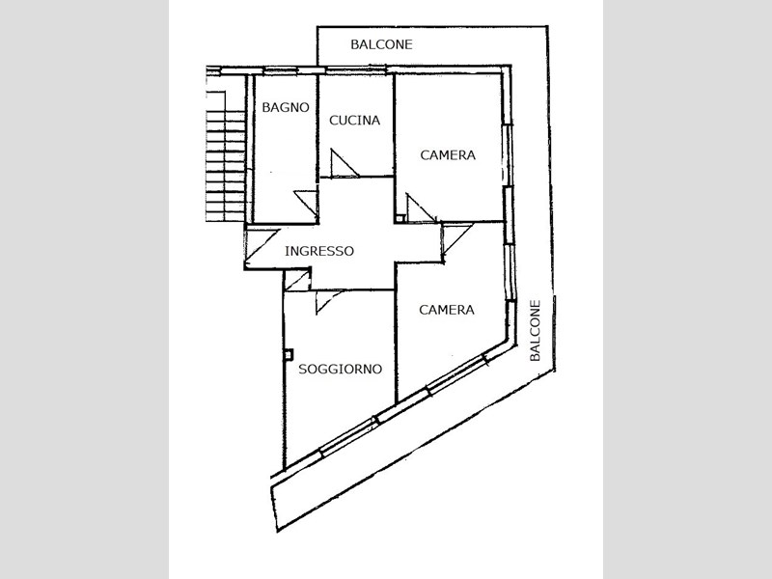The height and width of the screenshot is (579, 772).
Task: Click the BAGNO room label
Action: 286,107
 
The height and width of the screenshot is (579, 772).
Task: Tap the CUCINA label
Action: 354,120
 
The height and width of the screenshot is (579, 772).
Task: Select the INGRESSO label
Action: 319,251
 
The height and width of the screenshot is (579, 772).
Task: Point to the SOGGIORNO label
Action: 341,369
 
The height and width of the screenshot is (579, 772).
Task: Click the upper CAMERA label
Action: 448,155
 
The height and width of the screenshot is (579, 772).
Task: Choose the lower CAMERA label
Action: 447,310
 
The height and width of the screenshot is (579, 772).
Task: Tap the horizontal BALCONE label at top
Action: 381,44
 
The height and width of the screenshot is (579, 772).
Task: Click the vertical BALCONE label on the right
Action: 536,330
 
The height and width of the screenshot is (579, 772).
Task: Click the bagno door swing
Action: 306,203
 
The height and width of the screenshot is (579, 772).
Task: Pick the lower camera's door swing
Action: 455,239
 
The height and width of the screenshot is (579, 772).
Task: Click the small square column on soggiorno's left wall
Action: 288,354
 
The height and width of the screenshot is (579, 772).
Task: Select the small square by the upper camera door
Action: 400,218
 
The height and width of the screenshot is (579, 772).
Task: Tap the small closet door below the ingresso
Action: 297,280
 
